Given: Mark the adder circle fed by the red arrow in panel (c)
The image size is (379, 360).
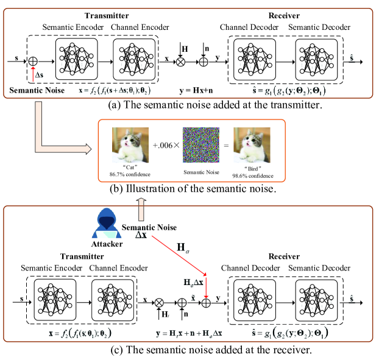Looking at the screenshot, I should pos(207,301).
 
